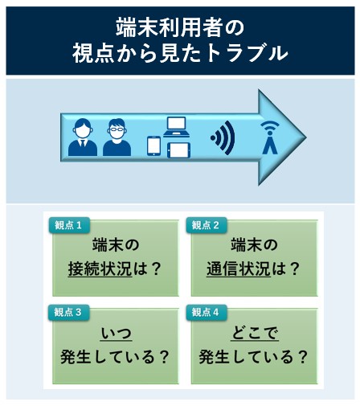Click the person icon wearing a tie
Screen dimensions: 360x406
(83, 137)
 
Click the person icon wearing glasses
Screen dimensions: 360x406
(117, 137)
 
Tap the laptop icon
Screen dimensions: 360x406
(177, 127)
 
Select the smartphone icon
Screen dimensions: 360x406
(154, 146)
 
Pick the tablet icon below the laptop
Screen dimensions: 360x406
(178, 150)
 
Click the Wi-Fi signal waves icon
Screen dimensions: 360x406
(223, 137)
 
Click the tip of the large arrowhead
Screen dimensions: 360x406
(306, 137)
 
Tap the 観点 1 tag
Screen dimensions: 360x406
(69, 225)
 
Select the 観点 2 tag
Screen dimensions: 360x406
(207, 225)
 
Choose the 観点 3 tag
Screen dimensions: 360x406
(68, 312)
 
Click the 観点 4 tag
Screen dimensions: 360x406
(207, 312)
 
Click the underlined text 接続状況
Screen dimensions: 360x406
(100, 269)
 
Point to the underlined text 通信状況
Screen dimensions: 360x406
(239, 269)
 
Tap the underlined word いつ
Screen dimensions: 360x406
(116, 334)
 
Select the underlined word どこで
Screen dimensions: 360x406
(255, 334)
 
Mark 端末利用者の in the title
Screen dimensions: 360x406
(180, 27)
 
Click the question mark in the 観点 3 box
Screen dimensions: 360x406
(163, 357)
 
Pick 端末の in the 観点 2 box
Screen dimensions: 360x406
(254, 245)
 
